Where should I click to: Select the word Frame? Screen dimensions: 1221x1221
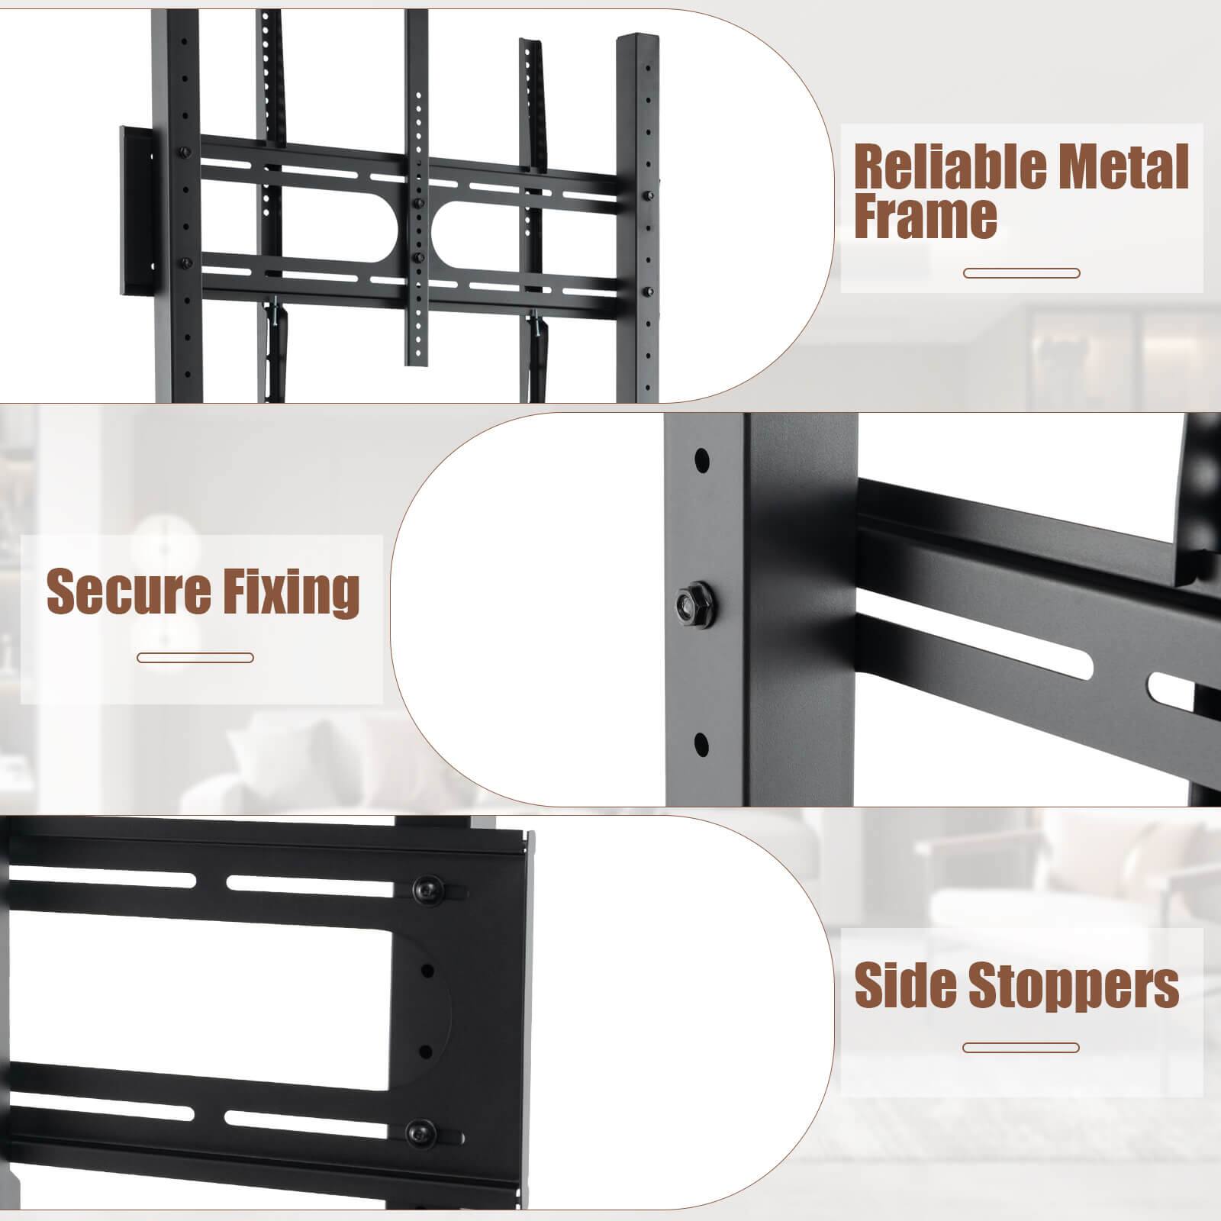(x=925, y=217)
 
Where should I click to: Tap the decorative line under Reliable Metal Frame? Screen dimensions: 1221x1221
(x=1021, y=273)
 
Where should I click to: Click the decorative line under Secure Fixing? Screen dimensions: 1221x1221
(x=195, y=658)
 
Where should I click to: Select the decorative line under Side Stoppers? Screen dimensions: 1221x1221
(x=1021, y=1049)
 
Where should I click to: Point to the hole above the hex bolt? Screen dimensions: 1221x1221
(x=702, y=461)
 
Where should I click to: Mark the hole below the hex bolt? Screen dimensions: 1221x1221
(x=702, y=743)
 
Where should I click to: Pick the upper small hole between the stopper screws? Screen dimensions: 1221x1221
(x=427, y=971)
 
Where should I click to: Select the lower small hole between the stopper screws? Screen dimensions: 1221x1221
(x=427, y=1050)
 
